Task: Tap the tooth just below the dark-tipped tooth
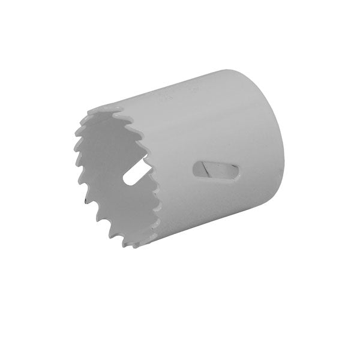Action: [x=97, y=217]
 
